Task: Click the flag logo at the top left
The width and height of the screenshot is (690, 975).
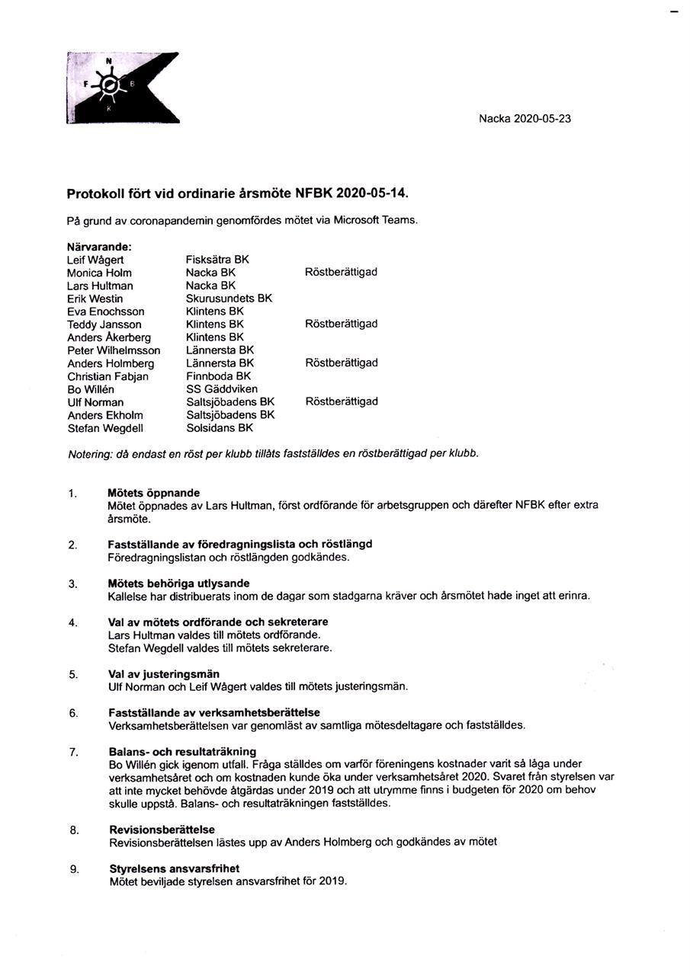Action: [x=122, y=88]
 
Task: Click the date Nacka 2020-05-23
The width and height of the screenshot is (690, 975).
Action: [x=525, y=119]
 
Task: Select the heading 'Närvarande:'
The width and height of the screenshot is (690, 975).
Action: [x=99, y=247]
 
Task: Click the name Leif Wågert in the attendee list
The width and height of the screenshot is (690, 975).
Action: [x=95, y=260]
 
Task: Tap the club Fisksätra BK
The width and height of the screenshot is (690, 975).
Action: [x=217, y=260]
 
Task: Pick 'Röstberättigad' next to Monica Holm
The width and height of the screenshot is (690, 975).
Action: [x=341, y=272]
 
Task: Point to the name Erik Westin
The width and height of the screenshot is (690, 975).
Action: [x=95, y=299]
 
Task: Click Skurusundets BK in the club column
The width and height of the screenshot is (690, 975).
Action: [x=229, y=299]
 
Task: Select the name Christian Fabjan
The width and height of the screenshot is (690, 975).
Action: [x=108, y=376]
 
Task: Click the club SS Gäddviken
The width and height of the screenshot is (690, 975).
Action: [x=222, y=389]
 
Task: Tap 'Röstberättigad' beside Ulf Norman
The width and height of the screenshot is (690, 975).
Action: [x=342, y=401]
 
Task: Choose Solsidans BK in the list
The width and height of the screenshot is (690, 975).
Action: [x=220, y=428]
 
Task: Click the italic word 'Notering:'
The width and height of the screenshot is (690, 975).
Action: [x=90, y=454]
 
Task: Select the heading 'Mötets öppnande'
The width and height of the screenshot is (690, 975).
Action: [x=154, y=493]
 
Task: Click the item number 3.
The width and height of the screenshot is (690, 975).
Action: [x=73, y=584]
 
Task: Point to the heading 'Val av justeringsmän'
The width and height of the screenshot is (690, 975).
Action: [x=164, y=673]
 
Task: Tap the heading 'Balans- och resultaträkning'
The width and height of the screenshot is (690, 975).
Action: [x=182, y=752]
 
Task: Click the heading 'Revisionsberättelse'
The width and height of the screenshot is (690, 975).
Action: [x=162, y=830]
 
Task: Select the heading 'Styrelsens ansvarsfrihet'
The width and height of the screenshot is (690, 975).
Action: [x=174, y=868]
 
